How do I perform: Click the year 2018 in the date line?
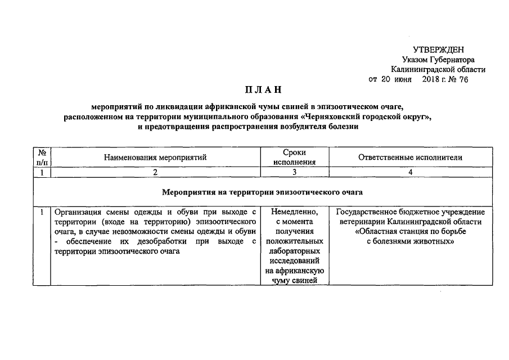[430, 79]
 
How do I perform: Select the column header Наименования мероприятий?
[155, 157]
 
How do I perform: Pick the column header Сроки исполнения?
[295, 157]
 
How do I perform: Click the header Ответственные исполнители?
[411, 157]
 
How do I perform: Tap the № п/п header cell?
[42, 157]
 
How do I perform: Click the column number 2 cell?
[155, 173]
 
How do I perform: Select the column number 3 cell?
[295, 173]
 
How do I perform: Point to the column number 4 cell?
[411, 173]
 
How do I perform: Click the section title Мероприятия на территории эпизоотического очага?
[262, 192]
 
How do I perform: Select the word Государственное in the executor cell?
[368, 212]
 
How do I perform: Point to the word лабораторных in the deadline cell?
[295, 251]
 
